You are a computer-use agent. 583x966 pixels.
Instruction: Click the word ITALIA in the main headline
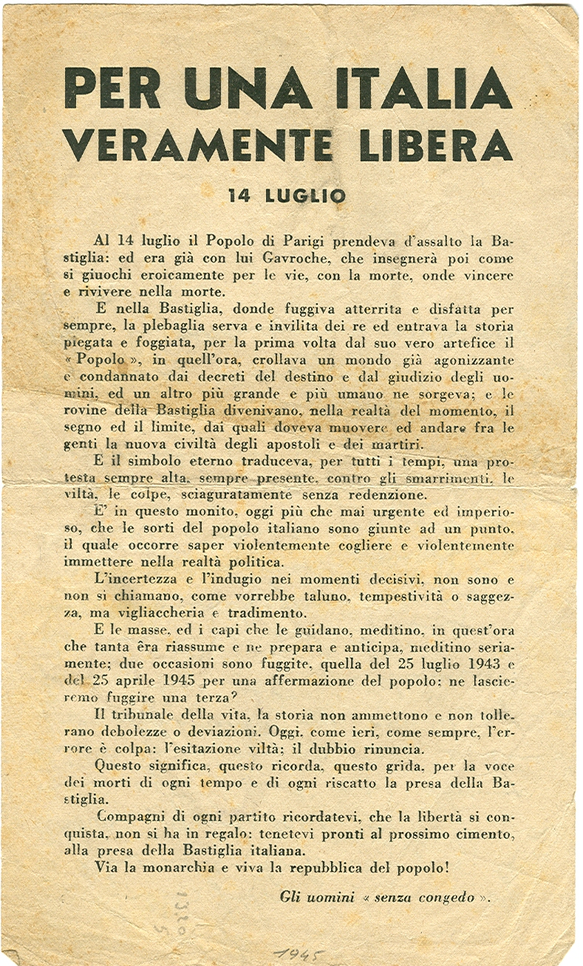point(423,89)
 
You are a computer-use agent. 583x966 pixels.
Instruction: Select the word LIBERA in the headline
point(435,144)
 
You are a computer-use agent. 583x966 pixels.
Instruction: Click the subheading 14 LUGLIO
point(287,196)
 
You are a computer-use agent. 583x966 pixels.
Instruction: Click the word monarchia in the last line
point(169,868)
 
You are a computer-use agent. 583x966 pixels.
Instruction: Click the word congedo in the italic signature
point(441,898)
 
